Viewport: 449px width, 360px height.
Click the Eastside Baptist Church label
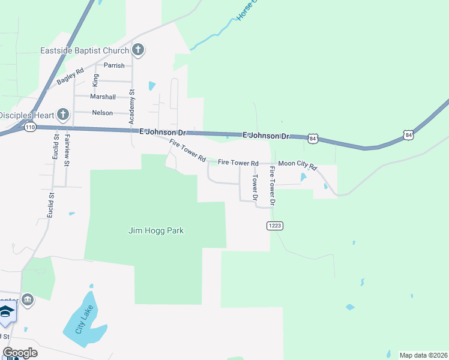coord(85,50)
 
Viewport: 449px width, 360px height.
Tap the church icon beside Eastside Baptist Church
coord(138,50)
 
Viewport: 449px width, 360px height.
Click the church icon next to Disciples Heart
coord(63,115)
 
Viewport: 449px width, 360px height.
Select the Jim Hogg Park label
coord(156,230)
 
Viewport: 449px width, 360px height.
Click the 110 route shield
coord(31,127)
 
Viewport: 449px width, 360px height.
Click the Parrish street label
coord(114,65)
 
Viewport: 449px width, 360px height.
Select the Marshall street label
coord(103,97)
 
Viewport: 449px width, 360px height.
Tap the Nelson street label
coord(103,113)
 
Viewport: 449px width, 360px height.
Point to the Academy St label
coord(133,107)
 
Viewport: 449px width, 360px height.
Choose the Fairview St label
coord(67,151)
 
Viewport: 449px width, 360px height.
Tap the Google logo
coord(20,353)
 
